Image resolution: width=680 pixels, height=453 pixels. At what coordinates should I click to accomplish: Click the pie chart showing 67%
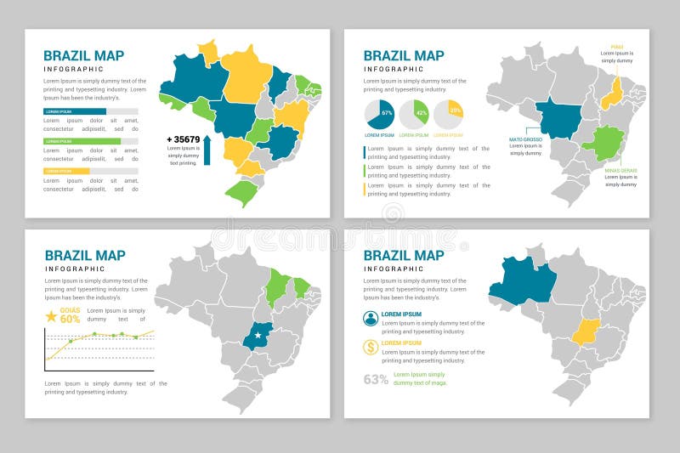point(379,114)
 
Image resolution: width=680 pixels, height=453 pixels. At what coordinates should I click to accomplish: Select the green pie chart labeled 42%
point(414,114)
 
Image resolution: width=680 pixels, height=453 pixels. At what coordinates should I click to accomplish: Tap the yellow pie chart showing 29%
point(448,114)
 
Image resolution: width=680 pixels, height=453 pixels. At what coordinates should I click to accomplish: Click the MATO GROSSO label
point(524,139)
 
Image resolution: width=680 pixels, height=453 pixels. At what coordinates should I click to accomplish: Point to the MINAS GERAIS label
point(620,170)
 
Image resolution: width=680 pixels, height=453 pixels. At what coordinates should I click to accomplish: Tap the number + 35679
point(183,139)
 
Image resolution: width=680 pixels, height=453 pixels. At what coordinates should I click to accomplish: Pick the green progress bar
point(82,141)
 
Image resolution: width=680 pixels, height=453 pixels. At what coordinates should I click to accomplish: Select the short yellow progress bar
point(66,171)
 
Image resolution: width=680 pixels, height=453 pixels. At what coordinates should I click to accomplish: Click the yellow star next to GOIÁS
point(51,316)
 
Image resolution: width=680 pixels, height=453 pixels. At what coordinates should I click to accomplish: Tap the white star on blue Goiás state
point(258,335)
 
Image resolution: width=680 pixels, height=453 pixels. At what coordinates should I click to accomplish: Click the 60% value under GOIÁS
point(70,320)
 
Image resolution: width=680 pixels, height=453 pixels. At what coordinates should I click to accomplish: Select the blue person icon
point(371,318)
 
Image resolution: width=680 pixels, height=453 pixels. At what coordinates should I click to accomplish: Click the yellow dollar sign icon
point(371,347)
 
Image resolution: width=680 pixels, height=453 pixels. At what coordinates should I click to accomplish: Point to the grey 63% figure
point(376,379)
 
